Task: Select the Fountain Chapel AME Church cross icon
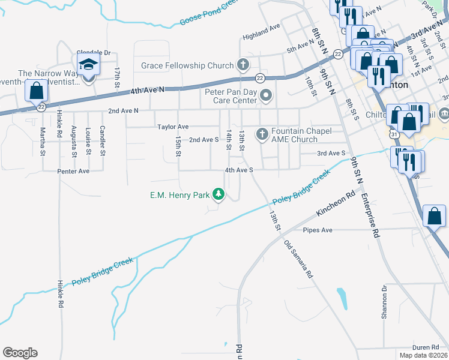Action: pyautogui.click(x=262, y=135)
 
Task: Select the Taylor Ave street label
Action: pyautogui.click(x=173, y=127)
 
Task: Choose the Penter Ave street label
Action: pyautogui.click(x=73, y=171)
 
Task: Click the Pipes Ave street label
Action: pyautogui.click(x=318, y=230)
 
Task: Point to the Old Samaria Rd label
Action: pyautogui.click(x=298, y=259)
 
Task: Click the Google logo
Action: pyautogui.click(x=20, y=352)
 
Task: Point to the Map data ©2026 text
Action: pyautogui.click(x=423, y=355)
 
